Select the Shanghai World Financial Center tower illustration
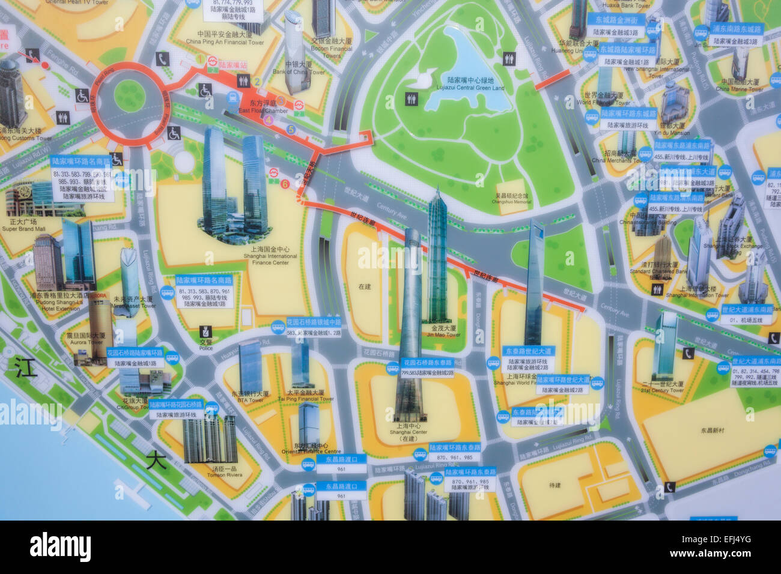[x=533, y=282]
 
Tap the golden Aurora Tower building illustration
[x=100, y=327]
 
